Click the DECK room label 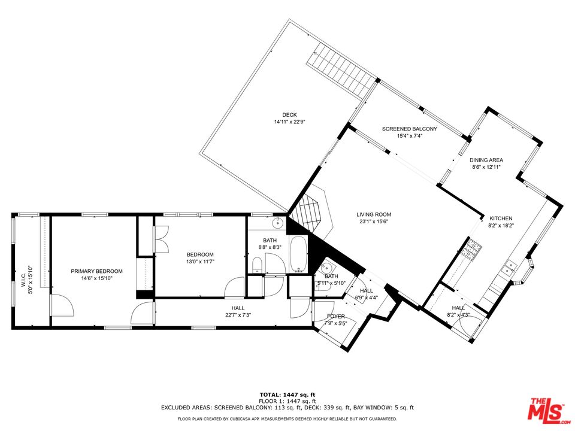click(290, 115)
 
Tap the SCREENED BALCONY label click(409, 129)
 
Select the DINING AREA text click(486, 160)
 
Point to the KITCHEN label click(501, 218)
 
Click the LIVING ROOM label click(374, 214)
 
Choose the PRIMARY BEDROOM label click(96, 271)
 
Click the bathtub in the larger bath click(298, 256)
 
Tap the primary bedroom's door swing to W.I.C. click(61, 306)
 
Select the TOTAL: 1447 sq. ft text click(287, 395)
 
